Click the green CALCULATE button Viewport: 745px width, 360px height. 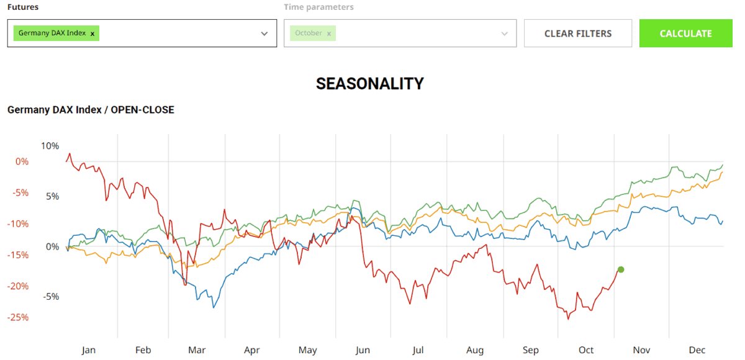point(685,34)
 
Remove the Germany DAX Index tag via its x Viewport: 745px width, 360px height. point(93,34)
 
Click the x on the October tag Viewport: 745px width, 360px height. point(328,34)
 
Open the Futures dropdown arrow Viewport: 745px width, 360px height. point(264,34)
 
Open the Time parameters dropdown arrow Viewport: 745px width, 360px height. point(504,34)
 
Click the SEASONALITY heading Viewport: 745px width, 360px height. point(369,84)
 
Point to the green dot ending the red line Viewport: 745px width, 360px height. point(621,269)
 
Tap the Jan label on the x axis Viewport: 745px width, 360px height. point(89,350)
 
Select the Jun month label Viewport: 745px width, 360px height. point(363,350)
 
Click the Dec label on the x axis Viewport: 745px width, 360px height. point(697,350)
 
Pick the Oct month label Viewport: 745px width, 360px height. point(586,350)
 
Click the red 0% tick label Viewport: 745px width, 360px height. point(22,161)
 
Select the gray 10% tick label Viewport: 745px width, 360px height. point(50,146)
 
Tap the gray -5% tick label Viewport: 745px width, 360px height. point(51,296)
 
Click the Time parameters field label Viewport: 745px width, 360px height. point(318,7)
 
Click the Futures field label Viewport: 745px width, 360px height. point(22,7)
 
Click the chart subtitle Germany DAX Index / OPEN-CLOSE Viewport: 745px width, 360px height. point(91,110)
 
